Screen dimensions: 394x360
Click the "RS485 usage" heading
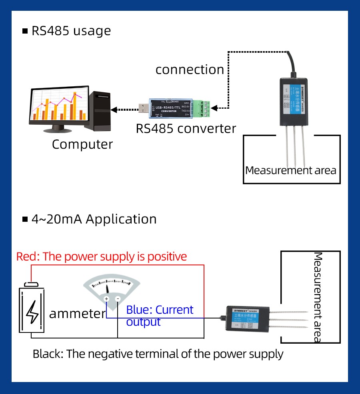pos(71,31)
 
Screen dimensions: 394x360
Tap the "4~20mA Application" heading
pos(94,219)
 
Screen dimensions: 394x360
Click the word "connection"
pos(190,70)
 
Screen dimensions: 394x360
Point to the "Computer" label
pos(82,144)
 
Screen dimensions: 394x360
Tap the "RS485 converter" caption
pos(186,129)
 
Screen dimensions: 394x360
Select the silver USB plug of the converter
pos(144,108)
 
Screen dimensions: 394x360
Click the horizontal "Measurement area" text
pos(291,170)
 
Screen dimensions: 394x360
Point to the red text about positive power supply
pos(102,256)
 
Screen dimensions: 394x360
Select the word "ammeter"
pos(77,314)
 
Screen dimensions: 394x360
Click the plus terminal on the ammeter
pos(106,299)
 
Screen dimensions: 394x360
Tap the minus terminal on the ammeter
pos(118,299)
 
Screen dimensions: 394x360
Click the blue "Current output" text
pos(160,316)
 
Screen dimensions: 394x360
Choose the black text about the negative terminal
pos(158,354)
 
